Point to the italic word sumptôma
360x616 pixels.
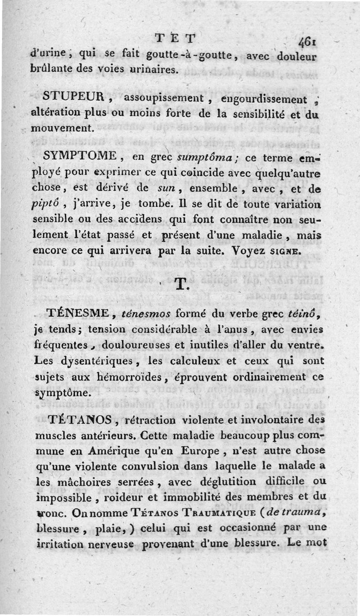click(x=186, y=158)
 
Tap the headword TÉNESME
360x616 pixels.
click(x=79, y=314)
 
